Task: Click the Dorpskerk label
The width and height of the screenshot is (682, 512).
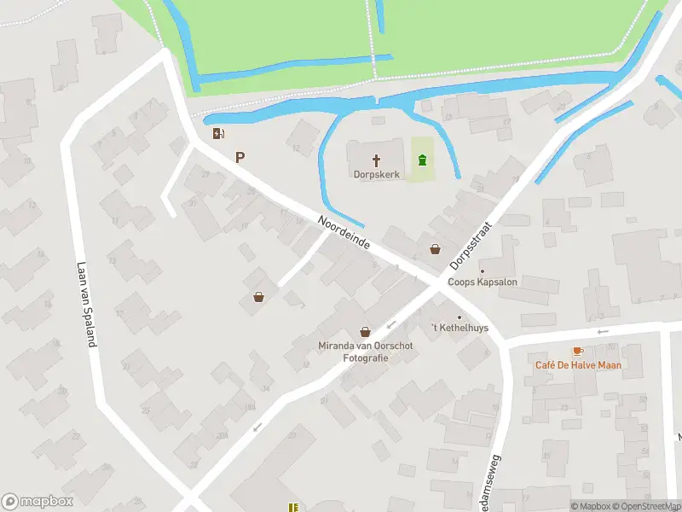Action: tap(376, 174)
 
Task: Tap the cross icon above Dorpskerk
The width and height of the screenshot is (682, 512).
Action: tap(376, 160)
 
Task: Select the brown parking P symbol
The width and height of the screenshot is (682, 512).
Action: tap(240, 157)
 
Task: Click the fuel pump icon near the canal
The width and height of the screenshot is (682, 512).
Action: tap(219, 133)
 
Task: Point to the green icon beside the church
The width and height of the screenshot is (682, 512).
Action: tap(421, 159)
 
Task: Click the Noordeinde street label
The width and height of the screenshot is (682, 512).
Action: tap(344, 231)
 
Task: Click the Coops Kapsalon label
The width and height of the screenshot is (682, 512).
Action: tap(483, 282)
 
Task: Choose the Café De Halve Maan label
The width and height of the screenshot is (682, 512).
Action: tap(578, 365)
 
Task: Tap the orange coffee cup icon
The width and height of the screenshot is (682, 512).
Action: tap(577, 351)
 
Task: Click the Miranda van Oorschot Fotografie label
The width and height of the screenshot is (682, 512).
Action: tap(365, 352)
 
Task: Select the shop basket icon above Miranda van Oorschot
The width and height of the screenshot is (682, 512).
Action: tap(365, 331)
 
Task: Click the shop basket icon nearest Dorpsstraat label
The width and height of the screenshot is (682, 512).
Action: tap(436, 249)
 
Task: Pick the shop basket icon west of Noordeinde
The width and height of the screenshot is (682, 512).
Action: tap(258, 297)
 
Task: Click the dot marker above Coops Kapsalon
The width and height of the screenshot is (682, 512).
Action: tap(482, 271)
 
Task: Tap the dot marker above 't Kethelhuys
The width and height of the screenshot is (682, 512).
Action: tap(459, 318)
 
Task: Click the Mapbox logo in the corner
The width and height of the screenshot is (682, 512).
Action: tap(38, 502)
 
